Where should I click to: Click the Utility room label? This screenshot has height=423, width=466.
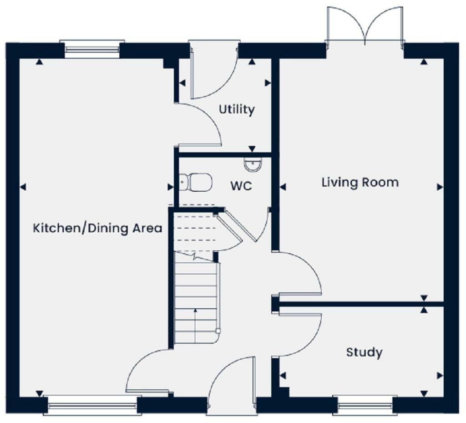236,110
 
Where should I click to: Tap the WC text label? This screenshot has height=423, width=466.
241,186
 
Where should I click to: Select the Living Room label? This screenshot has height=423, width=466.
360,183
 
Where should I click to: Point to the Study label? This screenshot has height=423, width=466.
364,352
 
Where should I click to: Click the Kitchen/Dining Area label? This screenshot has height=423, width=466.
97,228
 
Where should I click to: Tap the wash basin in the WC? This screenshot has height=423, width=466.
253,165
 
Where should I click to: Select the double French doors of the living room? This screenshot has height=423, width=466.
365,27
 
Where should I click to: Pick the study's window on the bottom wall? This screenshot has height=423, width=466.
362,404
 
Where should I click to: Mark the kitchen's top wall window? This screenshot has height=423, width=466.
93,49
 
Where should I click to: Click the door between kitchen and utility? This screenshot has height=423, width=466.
198,125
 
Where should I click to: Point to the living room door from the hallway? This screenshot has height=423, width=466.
298,273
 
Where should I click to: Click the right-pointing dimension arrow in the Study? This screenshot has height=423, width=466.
440,376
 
